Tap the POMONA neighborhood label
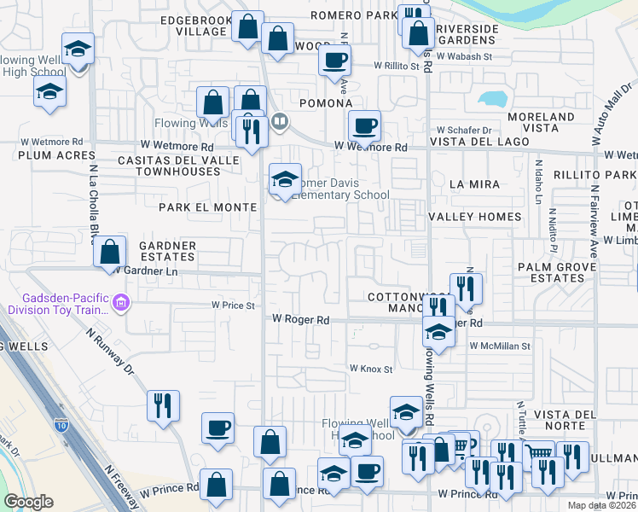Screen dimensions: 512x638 [x=326, y=103]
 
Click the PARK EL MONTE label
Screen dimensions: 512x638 [x=207, y=207]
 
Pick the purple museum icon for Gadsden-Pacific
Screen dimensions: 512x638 [x=122, y=302]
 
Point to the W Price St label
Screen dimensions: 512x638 [x=234, y=305]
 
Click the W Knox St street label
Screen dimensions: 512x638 [x=370, y=369]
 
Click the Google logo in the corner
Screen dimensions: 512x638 [x=28, y=502]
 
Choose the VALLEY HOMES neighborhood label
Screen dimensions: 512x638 [x=485, y=217]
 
